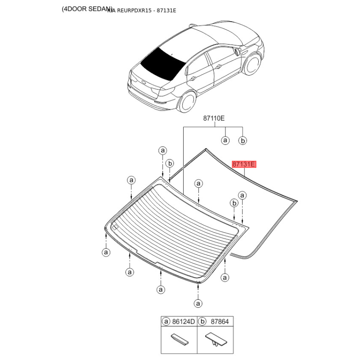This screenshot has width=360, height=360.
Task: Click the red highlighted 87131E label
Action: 243,165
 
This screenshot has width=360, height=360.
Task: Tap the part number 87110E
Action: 213,118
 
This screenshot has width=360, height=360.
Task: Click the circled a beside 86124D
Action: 166,322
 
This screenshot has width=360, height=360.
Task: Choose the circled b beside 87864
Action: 202,322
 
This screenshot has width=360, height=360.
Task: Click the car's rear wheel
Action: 185,103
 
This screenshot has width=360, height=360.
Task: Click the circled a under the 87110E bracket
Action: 225,140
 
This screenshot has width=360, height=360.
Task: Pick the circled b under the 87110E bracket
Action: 242,140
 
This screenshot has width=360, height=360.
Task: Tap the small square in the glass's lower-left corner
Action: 115,226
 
